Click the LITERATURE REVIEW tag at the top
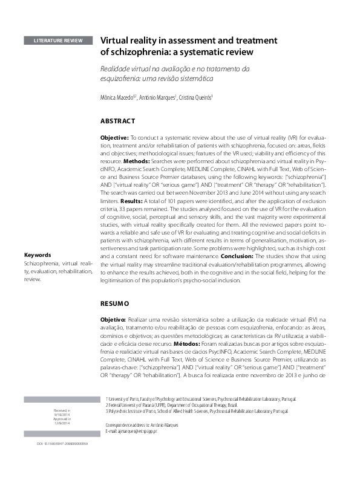(x=59, y=41)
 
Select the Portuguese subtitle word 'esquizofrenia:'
(x=122, y=79)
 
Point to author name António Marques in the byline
(x=157, y=98)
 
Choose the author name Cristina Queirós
(x=195, y=98)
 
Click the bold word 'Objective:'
(x=114, y=138)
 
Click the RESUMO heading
(x=114, y=302)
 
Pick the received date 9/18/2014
(x=62, y=415)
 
